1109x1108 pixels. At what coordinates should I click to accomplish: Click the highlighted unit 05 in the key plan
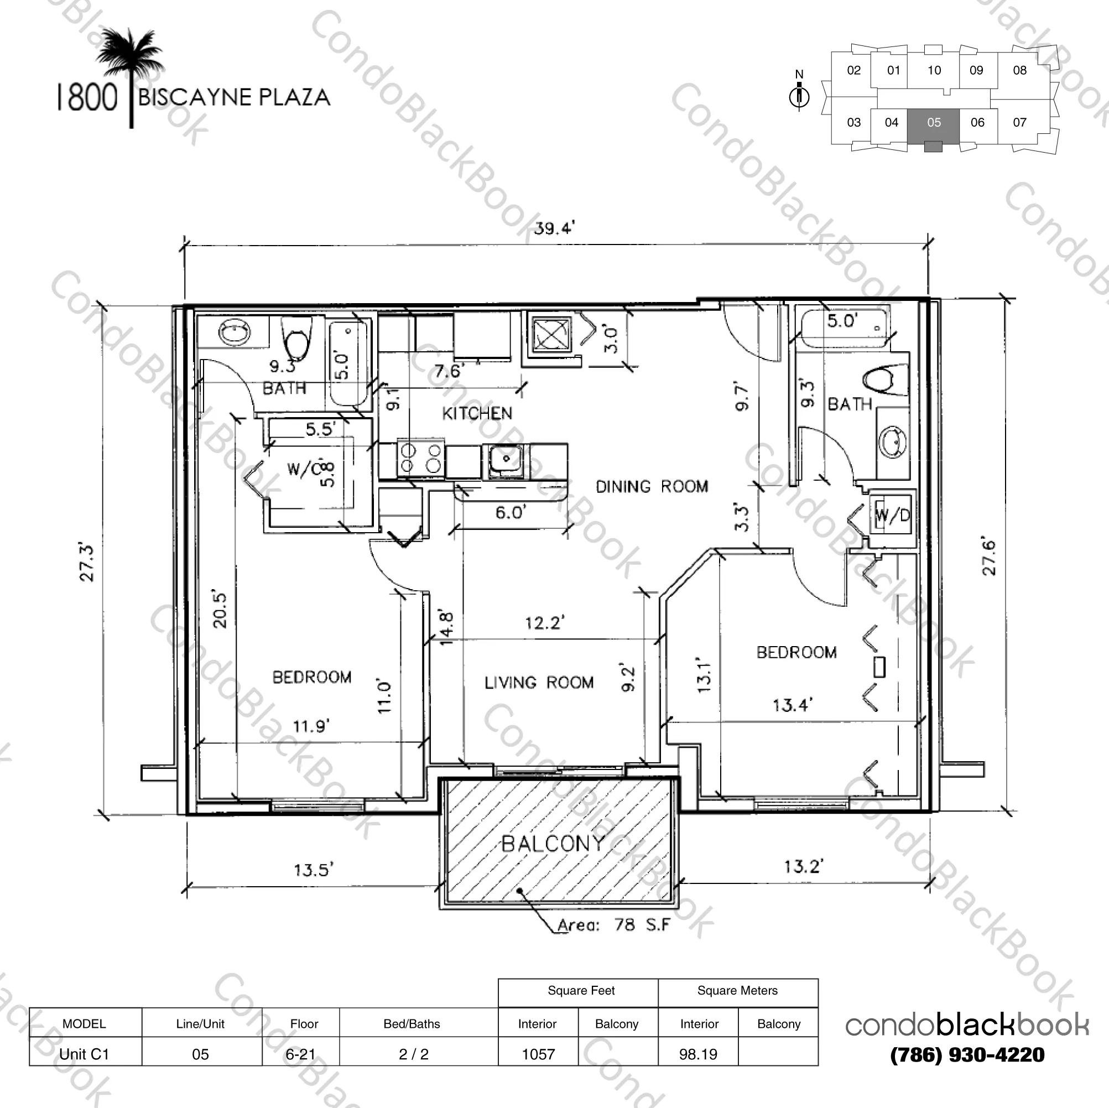coord(933,123)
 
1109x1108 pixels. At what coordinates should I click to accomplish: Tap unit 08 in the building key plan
coord(1019,71)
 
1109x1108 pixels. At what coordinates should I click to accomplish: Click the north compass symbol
coord(799,93)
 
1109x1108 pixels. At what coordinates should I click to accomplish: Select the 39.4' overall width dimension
coord(553,228)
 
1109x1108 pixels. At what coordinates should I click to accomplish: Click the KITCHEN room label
coord(476,413)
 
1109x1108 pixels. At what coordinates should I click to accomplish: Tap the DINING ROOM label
coord(652,487)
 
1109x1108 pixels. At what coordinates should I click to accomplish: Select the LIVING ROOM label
coord(538,683)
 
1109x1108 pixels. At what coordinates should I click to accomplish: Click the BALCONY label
coord(553,844)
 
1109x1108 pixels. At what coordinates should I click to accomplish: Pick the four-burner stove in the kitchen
coord(420,459)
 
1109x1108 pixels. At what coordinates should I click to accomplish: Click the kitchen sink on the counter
coord(505,459)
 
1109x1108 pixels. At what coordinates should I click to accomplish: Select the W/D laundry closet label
coord(892,516)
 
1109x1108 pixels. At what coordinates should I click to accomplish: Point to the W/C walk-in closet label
coord(304,470)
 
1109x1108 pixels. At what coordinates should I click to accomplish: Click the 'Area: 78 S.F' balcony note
coord(613,925)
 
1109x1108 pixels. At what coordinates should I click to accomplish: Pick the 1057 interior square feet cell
coord(538,1054)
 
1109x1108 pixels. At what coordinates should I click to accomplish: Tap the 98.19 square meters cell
coord(697,1054)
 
